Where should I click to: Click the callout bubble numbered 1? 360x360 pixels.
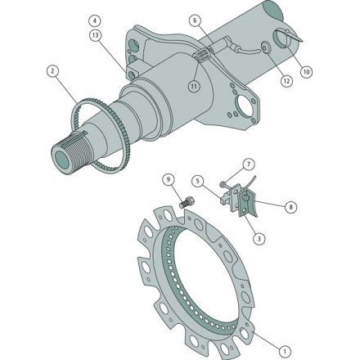coord(285,349)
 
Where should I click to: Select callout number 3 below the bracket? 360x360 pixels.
coord(259,237)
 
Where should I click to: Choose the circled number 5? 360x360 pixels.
coord(197,180)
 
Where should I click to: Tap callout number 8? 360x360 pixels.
coord(290,207)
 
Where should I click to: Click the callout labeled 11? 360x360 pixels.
coord(193,84)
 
